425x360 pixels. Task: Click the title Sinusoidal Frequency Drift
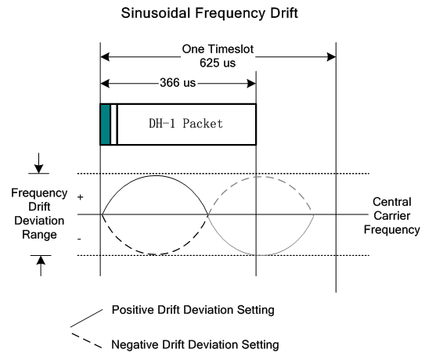click(x=209, y=13)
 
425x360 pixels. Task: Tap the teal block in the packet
click(x=106, y=124)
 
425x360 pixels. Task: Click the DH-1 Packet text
click(x=185, y=124)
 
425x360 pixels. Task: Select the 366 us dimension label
click(x=178, y=83)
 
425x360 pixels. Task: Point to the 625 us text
click(x=218, y=63)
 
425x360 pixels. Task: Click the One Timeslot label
click(x=218, y=49)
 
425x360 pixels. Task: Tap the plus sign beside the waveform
click(x=80, y=197)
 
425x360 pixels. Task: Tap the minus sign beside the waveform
click(x=79, y=239)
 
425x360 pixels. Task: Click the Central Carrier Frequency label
click(x=392, y=216)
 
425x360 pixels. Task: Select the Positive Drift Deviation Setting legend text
click(x=193, y=310)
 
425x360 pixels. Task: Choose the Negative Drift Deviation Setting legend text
click(x=195, y=345)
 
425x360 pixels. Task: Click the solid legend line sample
click(x=87, y=318)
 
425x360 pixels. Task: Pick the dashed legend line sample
click(x=87, y=340)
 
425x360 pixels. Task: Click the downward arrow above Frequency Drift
click(x=39, y=163)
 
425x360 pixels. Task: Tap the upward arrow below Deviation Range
click(x=41, y=266)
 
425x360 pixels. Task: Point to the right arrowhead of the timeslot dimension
click(x=331, y=57)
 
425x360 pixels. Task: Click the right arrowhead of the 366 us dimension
click(x=251, y=84)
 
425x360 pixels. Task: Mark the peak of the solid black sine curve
click(x=156, y=175)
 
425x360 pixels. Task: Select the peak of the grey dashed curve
click(x=260, y=177)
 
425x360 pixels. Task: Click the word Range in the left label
click(x=39, y=235)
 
